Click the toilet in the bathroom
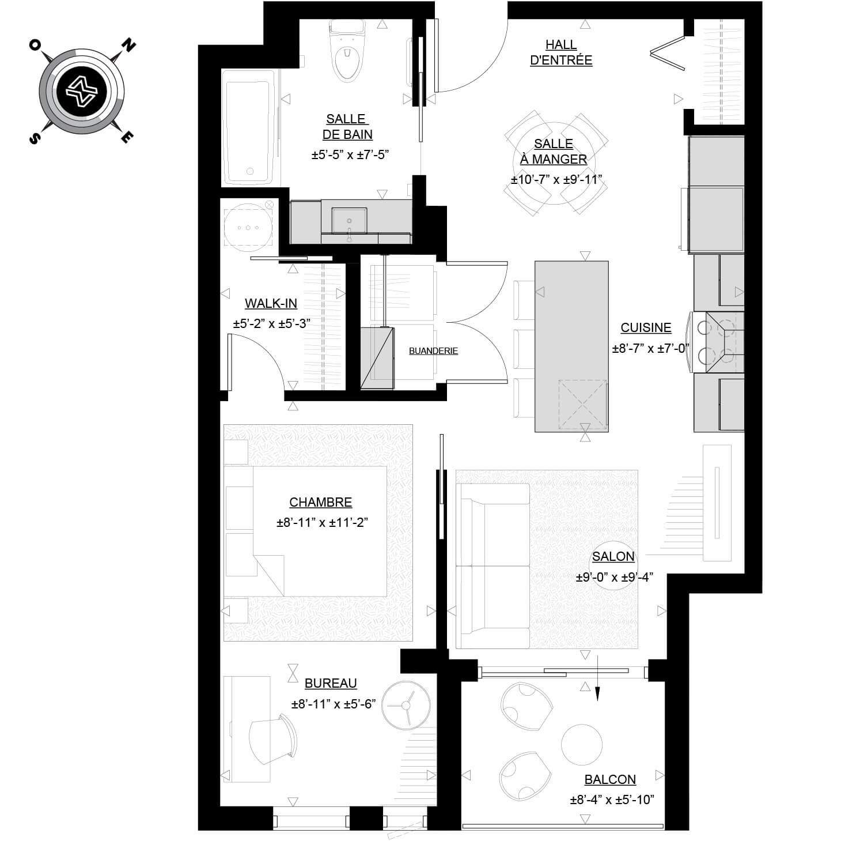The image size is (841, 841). coord(347,51)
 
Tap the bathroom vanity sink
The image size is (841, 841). coord(349,221)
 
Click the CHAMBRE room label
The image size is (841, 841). coord(320,503)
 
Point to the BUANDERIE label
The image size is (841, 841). coord(433,351)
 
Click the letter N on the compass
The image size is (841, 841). coord(128,46)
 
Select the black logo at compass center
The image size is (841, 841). coord(82,92)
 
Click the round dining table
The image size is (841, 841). coord(554,163)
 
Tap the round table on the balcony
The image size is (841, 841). coord(581,745)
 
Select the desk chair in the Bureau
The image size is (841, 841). coord(273,740)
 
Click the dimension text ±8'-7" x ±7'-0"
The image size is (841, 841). coord(650,349)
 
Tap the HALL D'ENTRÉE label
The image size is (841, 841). coord(561,52)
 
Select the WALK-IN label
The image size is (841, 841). coord(271,303)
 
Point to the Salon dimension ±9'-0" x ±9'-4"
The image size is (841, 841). coord(614,577)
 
